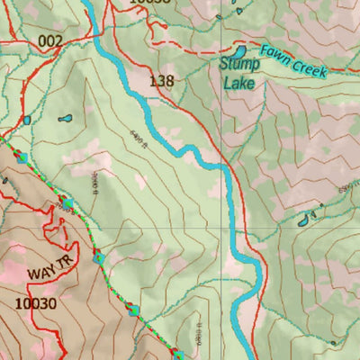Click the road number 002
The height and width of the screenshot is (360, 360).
point(50,41)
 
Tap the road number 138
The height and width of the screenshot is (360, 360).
point(162,81)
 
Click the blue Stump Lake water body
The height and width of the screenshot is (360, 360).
point(241,50)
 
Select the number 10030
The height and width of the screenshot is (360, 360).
point(36,303)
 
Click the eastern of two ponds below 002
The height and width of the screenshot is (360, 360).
point(64,118)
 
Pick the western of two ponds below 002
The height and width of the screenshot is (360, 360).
point(27,119)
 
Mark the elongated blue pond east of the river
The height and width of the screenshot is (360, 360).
point(308,217)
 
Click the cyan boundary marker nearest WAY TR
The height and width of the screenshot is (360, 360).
point(99,259)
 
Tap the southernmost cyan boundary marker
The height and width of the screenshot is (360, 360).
point(177,355)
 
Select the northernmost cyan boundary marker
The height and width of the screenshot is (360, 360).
point(23,157)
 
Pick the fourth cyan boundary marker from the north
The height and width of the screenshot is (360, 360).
point(134,310)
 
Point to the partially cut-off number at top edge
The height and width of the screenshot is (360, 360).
point(148,3)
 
